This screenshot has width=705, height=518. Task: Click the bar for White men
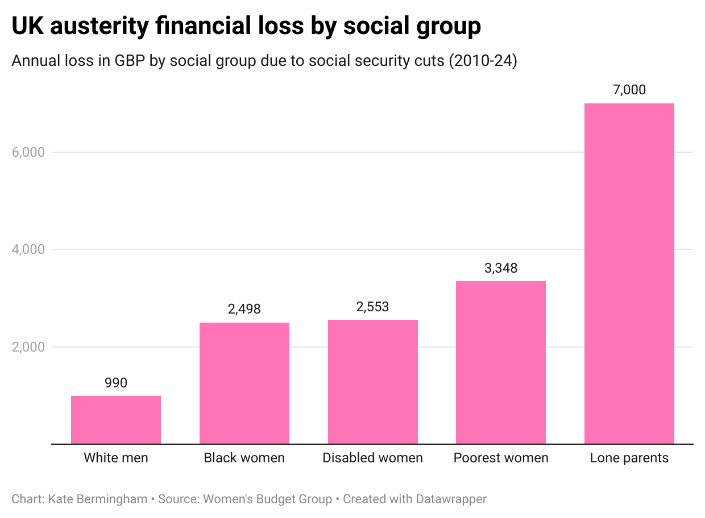[x=116, y=420]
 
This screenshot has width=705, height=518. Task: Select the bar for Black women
[x=244, y=383]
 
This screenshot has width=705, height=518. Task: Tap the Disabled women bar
[x=373, y=382]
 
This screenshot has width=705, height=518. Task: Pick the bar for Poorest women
[x=501, y=362]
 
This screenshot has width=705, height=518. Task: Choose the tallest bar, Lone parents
[x=629, y=273]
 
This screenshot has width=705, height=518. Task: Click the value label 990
[x=116, y=383]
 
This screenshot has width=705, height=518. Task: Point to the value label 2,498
[x=244, y=310]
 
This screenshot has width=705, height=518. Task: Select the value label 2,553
[x=373, y=307]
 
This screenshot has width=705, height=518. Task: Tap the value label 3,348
[x=501, y=268]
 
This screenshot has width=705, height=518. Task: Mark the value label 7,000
[x=629, y=90]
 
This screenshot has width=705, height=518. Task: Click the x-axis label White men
[x=116, y=458]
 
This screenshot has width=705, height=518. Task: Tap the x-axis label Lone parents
[x=629, y=458]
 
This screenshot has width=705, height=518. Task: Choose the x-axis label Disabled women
[x=373, y=458]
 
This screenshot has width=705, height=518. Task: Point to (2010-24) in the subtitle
[x=483, y=61]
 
